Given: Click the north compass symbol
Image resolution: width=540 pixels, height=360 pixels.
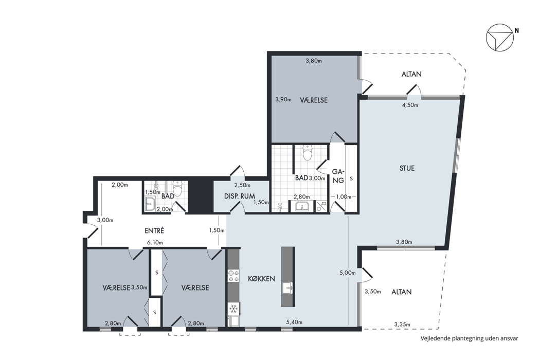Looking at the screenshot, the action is click(x=500, y=38).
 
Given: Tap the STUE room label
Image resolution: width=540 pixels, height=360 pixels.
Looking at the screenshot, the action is click(x=407, y=169).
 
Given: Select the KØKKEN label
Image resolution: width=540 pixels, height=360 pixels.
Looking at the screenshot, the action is click(x=261, y=278).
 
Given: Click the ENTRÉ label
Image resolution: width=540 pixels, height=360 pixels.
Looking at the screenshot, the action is click(x=154, y=230).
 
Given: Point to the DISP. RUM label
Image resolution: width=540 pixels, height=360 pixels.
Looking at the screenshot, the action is click(x=239, y=196).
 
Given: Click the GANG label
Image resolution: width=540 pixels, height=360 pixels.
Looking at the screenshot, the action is click(x=338, y=176).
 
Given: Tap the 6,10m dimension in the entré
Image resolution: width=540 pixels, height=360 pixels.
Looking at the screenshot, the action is click(x=155, y=243).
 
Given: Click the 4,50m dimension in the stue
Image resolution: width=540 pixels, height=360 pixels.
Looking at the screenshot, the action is click(x=410, y=105).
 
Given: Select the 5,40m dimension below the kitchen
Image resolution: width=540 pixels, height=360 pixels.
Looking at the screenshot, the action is click(x=294, y=322).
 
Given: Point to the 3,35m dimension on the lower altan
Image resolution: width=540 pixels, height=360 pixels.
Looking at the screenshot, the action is click(x=402, y=324).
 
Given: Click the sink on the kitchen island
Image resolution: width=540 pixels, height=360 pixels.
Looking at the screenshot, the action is click(x=288, y=287).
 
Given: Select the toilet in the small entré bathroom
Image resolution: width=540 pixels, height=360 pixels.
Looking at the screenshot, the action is click(x=178, y=189).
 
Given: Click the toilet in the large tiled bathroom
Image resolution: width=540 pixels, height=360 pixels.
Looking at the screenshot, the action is click(x=307, y=153).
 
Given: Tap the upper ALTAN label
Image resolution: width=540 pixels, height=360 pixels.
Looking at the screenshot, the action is click(x=411, y=74).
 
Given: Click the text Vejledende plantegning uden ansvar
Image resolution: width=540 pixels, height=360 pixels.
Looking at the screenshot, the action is click(x=469, y=338).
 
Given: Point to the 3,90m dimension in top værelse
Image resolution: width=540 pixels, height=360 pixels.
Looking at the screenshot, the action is click(x=283, y=100).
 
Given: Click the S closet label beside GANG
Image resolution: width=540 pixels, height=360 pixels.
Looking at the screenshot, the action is click(x=351, y=179).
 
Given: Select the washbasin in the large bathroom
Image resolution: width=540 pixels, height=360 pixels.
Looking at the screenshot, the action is click(x=302, y=207).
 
